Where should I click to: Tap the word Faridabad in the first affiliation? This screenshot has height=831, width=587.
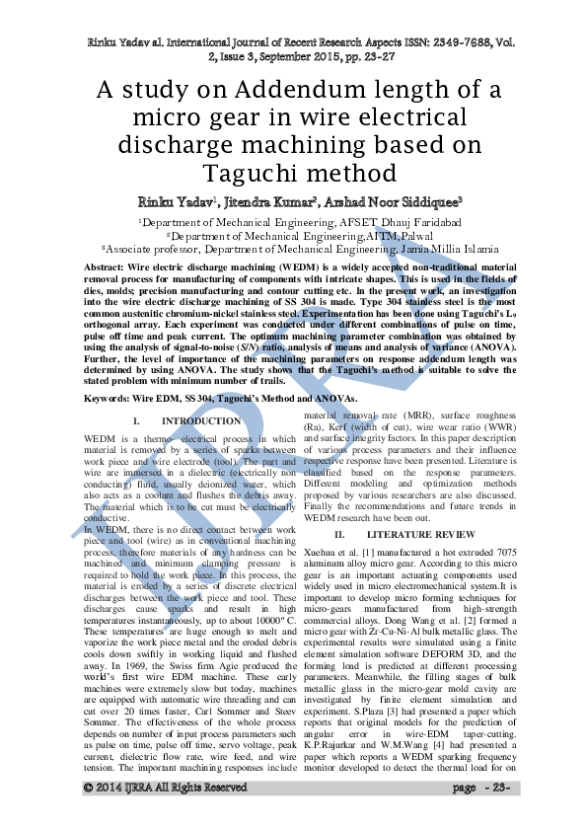[430, 224]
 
